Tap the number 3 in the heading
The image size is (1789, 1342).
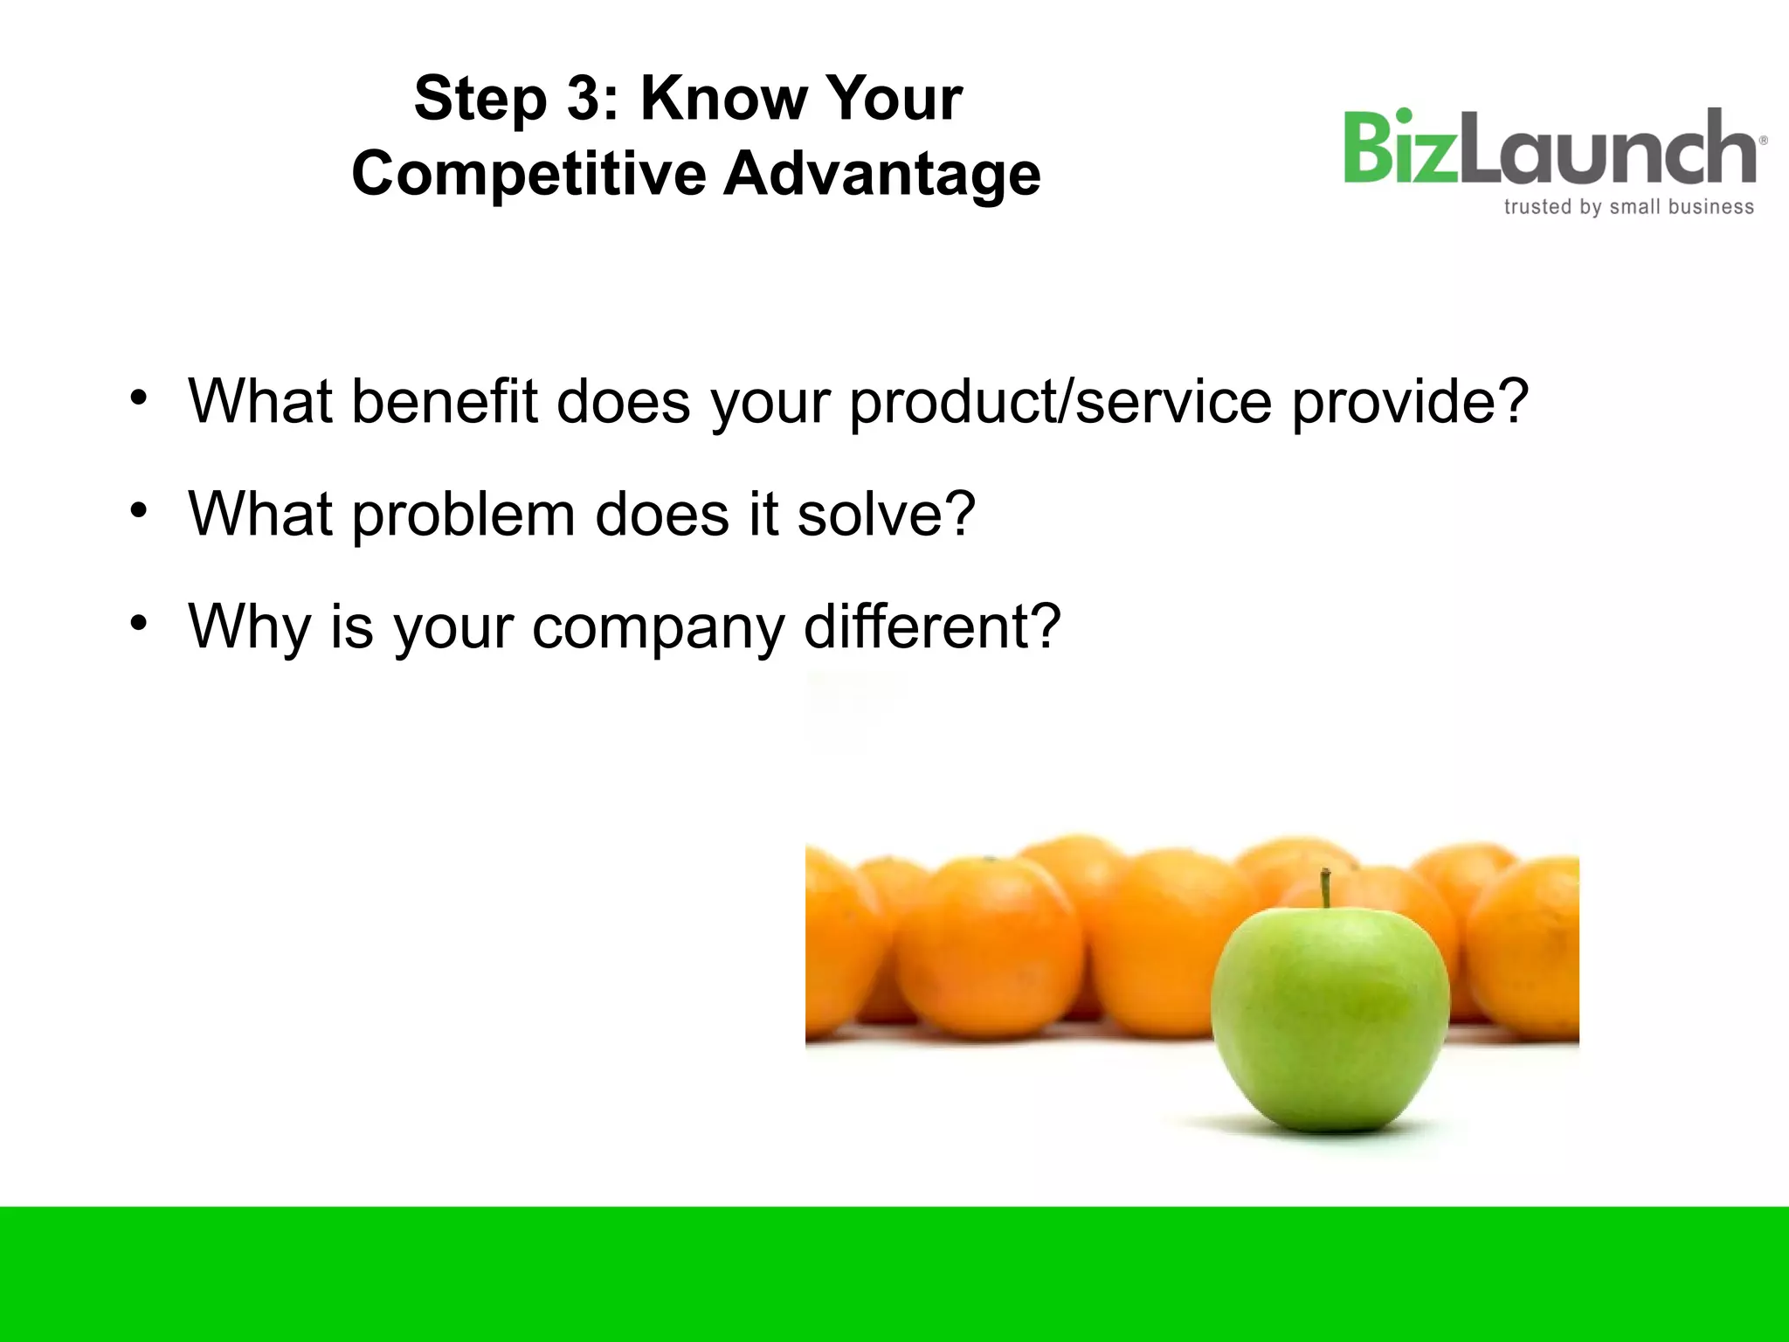584,98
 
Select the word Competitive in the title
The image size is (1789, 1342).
528,175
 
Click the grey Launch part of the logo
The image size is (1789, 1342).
1607,149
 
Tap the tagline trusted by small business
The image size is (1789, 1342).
1628,207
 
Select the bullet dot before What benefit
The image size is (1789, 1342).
138,398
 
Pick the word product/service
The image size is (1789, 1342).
1060,404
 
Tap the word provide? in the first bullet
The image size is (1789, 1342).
1410,404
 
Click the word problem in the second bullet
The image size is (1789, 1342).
463,515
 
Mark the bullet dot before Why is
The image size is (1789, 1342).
138,623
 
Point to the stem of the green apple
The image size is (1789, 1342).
1325,888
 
